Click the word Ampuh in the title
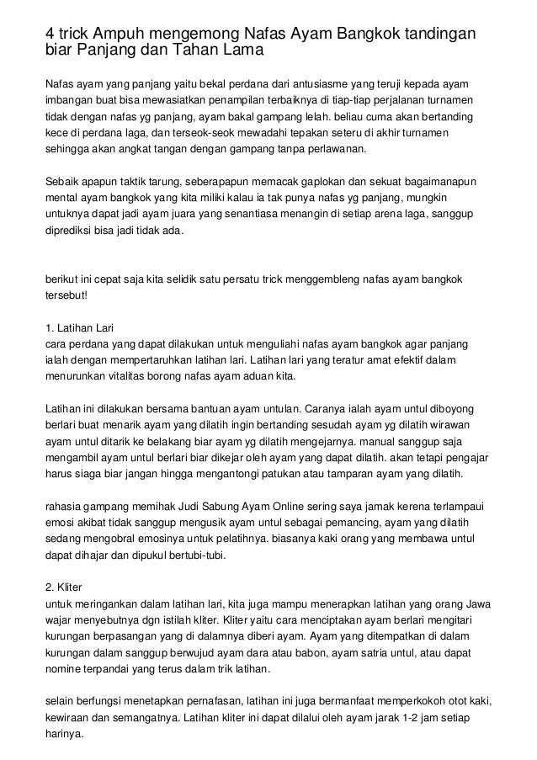(x=123, y=33)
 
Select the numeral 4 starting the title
(x=49, y=33)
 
